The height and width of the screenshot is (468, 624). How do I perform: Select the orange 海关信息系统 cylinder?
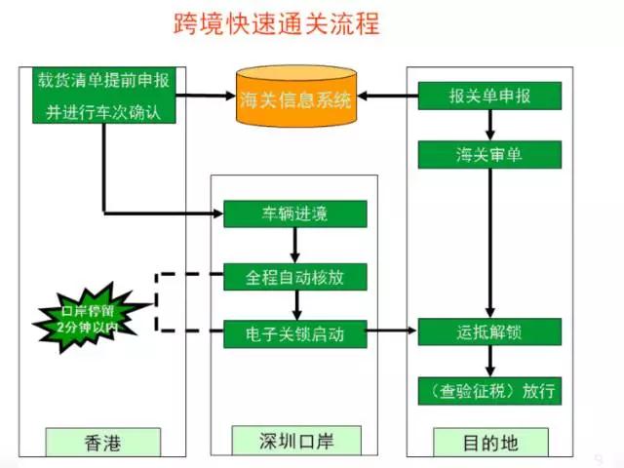click(x=294, y=97)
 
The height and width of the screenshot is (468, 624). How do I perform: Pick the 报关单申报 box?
click(x=489, y=97)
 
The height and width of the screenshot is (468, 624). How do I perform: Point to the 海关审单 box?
click(x=489, y=154)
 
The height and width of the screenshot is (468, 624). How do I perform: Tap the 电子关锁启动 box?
click(x=294, y=333)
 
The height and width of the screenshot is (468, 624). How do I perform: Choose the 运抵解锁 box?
click(x=489, y=331)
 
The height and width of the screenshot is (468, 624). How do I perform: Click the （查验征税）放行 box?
click(x=489, y=391)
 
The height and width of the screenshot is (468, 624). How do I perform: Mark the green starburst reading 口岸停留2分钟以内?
click(x=89, y=318)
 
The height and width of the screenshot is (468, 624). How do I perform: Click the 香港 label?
click(x=103, y=442)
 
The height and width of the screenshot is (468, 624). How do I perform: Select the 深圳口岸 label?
click(x=294, y=442)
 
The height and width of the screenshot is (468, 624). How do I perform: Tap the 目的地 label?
click(x=489, y=442)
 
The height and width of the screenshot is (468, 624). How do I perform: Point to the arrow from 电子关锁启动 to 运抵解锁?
click(x=392, y=332)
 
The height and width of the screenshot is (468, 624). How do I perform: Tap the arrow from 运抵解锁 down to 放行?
click(x=489, y=362)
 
